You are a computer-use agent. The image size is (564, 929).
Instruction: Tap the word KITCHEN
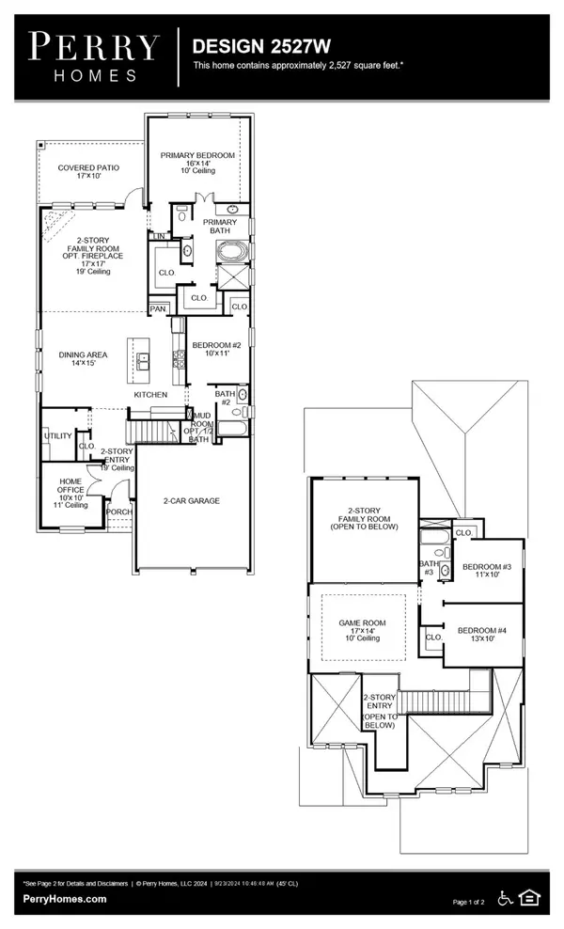(x=151, y=396)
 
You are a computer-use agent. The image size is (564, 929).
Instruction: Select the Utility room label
(x=58, y=436)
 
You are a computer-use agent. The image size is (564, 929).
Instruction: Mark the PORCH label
(x=119, y=513)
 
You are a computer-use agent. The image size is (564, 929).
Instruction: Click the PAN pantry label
(x=158, y=308)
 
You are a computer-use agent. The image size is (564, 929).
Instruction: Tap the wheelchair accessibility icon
(x=506, y=899)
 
